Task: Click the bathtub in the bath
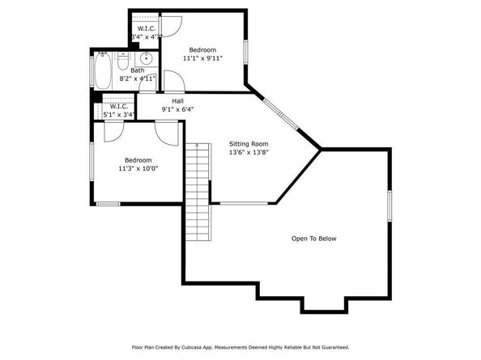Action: [103, 71]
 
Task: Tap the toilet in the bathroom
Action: [124, 58]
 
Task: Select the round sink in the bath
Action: [147, 59]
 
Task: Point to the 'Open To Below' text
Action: [314, 239]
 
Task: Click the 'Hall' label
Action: [177, 100]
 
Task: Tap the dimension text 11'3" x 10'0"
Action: [137, 168]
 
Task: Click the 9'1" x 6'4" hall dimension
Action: [177, 109]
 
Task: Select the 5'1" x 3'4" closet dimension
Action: [119, 114]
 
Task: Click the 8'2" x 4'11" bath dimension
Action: [137, 79]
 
